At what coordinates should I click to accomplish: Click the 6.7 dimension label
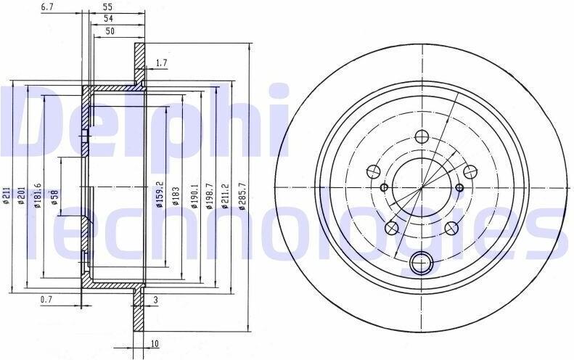tap(48, 6)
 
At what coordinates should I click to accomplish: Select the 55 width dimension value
tap(107, 7)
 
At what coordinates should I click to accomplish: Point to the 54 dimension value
tap(108, 18)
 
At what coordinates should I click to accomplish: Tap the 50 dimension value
tap(110, 30)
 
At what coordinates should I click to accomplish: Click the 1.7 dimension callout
tap(161, 63)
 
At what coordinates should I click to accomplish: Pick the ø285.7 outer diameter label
tap(242, 196)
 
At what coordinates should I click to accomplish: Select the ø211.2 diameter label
tap(225, 196)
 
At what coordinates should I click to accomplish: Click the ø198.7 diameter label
tap(210, 196)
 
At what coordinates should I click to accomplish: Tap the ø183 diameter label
tap(176, 195)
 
